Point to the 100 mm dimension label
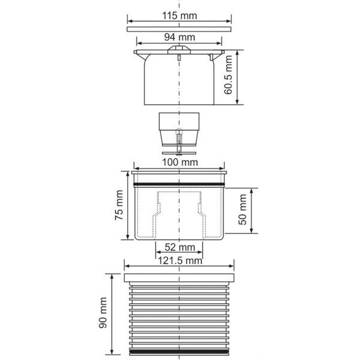tap(180, 163)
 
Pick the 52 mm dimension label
tap(179, 247)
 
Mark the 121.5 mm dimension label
tap(179, 260)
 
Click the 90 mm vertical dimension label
tap(103, 312)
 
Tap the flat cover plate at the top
tap(179, 28)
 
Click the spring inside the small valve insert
tap(179, 139)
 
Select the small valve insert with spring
tap(179, 129)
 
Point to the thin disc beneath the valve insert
tap(179, 152)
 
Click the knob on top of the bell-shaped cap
tap(179, 51)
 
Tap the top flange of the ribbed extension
tap(179, 277)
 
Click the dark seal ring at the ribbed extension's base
tap(179, 350)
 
